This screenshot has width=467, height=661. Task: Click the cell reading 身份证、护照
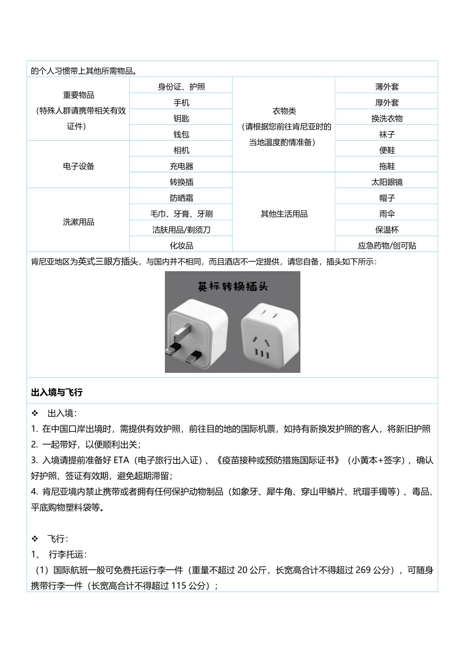click(181, 86)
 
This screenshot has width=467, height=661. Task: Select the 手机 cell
click(181, 103)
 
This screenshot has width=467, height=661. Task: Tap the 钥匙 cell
click(181, 119)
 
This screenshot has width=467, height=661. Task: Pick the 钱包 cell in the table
click(181, 134)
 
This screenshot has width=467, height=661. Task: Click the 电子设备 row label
click(78, 167)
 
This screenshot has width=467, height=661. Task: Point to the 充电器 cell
click(181, 167)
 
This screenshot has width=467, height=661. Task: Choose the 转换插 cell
click(181, 182)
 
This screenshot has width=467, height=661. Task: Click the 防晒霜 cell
click(181, 198)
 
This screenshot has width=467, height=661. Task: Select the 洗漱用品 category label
click(78, 222)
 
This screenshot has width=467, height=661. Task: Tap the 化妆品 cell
click(181, 246)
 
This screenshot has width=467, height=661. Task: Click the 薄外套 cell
click(386, 86)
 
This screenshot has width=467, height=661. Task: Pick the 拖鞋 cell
click(386, 167)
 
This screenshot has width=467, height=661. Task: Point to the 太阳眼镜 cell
click(386, 182)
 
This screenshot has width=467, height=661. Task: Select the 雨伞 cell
click(386, 214)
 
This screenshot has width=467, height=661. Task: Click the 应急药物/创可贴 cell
click(386, 246)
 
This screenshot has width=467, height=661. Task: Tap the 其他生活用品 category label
click(283, 214)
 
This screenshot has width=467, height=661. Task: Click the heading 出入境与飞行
click(57, 392)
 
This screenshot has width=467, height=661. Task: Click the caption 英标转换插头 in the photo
click(232, 286)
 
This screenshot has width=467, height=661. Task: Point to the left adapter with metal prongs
click(195, 330)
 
